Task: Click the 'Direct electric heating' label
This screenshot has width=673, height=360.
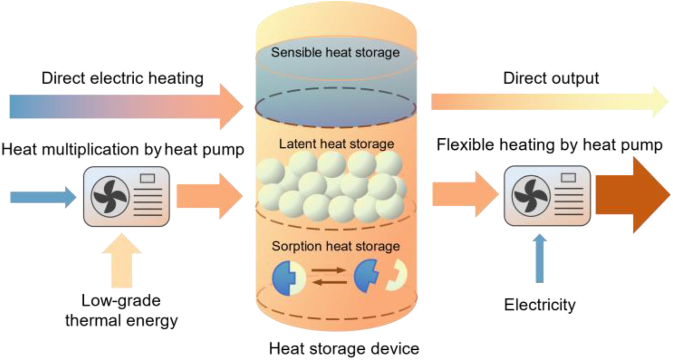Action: tap(123, 78)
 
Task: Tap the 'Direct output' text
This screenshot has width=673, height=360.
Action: tap(551, 78)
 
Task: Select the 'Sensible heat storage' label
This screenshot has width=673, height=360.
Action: tap(335, 52)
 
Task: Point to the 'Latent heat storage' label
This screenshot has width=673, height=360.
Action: tap(336, 144)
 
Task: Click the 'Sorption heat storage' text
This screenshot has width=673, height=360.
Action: tap(336, 246)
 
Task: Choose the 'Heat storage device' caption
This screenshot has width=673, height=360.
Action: tap(344, 348)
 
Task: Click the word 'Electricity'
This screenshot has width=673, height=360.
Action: tap(540, 305)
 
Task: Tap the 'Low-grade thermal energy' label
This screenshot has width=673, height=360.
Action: tap(121, 310)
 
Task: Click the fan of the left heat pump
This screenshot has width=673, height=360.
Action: tap(110, 196)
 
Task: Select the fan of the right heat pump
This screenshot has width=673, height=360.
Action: tap(531, 196)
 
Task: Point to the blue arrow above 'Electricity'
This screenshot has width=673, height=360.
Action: tap(540, 258)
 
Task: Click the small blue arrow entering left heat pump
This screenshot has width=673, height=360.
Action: tap(43, 197)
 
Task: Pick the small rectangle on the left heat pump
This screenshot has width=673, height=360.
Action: tap(147, 178)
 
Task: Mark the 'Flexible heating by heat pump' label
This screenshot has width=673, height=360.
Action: tap(550, 145)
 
